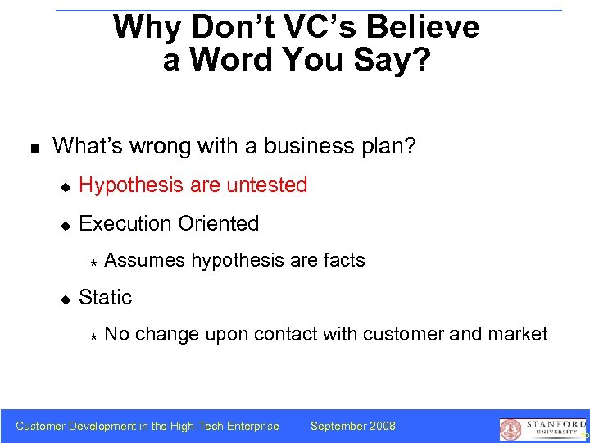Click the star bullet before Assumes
[93, 262]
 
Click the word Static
[105, 297]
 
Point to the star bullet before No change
[93, 336]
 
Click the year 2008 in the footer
[383, 426]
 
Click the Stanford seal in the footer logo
[511, 429]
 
